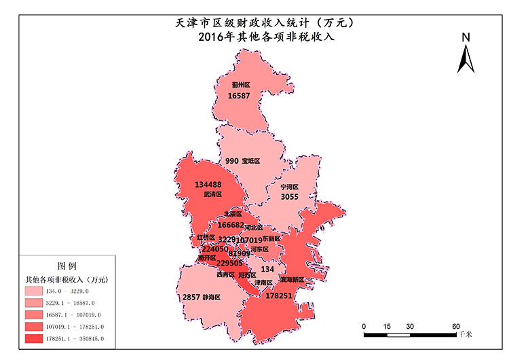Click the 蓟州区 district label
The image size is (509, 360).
(x=241, y=85)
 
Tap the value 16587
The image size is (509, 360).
(x=239, y=96)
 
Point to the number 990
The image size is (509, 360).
(x=232, y=161)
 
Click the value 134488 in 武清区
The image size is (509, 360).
(x=208, y=184)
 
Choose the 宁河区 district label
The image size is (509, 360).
(x=290, y=186)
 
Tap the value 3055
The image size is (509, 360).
(x=290, y=196)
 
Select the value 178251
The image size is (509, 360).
(x=279, y=296)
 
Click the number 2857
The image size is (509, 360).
(x=191, y=298)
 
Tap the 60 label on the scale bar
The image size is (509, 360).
(x=457, y=325)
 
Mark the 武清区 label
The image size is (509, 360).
(x=213, y=194)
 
